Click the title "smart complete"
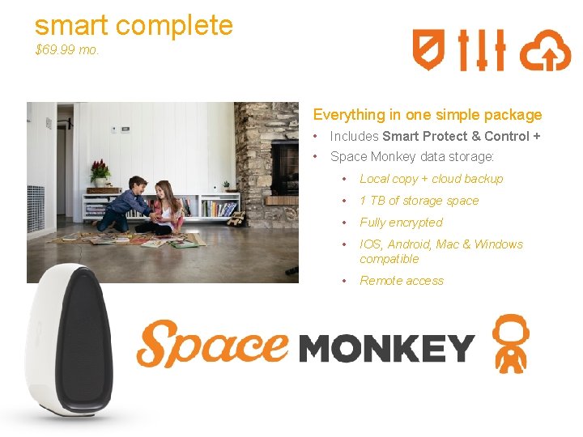click(134, 25)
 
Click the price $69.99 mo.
click(67, 50)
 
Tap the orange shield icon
click(428, 50)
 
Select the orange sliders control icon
click(482, 50)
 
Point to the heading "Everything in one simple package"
click(428, 115)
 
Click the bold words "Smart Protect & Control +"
click(462, 136)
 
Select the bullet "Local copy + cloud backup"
click(431, 179)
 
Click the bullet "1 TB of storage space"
click(419, 201)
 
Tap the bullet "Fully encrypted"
click(401, 223)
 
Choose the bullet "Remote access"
click(402, 281)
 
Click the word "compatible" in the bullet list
click(389, 259)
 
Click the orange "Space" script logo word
click(213, 343)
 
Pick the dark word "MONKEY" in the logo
click(386, 348)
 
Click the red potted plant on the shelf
click(100, 172)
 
